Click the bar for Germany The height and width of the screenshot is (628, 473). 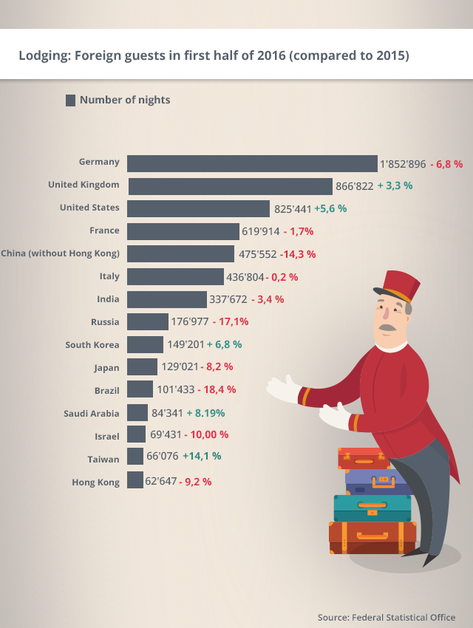pyautogui.click(x=252, y=163)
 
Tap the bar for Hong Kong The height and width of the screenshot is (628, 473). pyautogui.click(x=135, y=480)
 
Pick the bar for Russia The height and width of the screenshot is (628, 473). pyautogui.click(x=148, y=321)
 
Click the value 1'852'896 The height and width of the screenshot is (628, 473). pyautogui.click(x=403, y=164)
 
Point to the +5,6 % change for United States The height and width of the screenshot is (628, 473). pyautogui.click(x=330, y=209)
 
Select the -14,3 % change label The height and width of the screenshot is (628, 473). pyautogui.click(x=298, y=254)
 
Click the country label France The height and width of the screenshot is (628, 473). pyautogui.click(x=104, y=231)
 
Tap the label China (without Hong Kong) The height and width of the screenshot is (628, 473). pyautogui.click(x=61, y=253)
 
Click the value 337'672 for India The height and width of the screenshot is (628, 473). pyautogui.click(x=228, y=299)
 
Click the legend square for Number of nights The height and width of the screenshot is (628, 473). pyautogui.click(x=70, y=100)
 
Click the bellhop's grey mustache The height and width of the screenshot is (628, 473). pyautogui.click(x=387, y=326)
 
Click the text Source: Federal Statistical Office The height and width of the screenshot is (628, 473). pyautogui.click(x=387, y=617)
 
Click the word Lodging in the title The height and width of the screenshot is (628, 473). pyautogui.click(x=42, y=55)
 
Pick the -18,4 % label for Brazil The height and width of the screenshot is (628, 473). pyautogui.click(x=217, y=389)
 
